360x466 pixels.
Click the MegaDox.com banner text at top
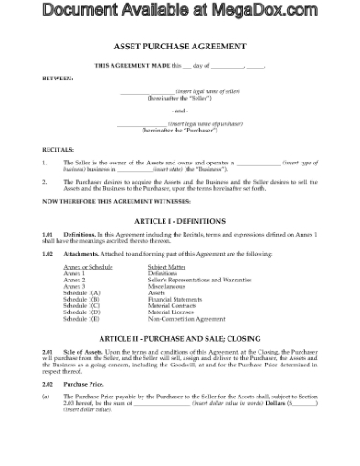[179, 10]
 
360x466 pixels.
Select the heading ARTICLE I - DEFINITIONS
[179, 220]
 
